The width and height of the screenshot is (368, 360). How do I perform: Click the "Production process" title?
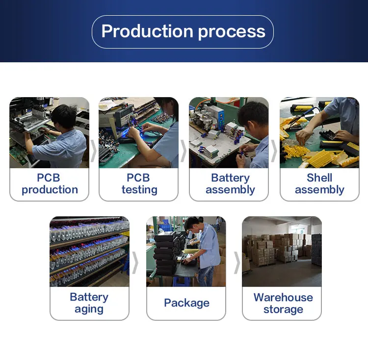point(183,31)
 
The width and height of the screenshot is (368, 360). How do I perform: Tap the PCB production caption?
point(50,184)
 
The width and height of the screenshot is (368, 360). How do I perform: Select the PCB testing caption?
point(139,184)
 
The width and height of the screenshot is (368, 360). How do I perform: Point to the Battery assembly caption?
point(230,184)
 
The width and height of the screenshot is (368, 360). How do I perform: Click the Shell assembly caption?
point(319,184)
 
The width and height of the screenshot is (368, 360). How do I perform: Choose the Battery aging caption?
point(89,303)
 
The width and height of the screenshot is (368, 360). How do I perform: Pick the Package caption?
point(186,303)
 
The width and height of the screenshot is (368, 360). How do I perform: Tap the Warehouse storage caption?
point(283,303)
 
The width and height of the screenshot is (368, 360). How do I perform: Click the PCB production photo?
point(50,132)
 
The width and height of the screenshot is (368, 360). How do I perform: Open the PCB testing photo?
point(139,132)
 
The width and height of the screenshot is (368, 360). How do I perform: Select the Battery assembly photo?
point(229,132)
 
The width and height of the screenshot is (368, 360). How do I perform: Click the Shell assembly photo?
point(319,132)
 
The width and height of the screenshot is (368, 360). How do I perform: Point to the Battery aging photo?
point(89,251)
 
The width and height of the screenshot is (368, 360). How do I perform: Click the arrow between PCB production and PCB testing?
point(94,150)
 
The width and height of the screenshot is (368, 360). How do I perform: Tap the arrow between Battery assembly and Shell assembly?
point(274,150)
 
